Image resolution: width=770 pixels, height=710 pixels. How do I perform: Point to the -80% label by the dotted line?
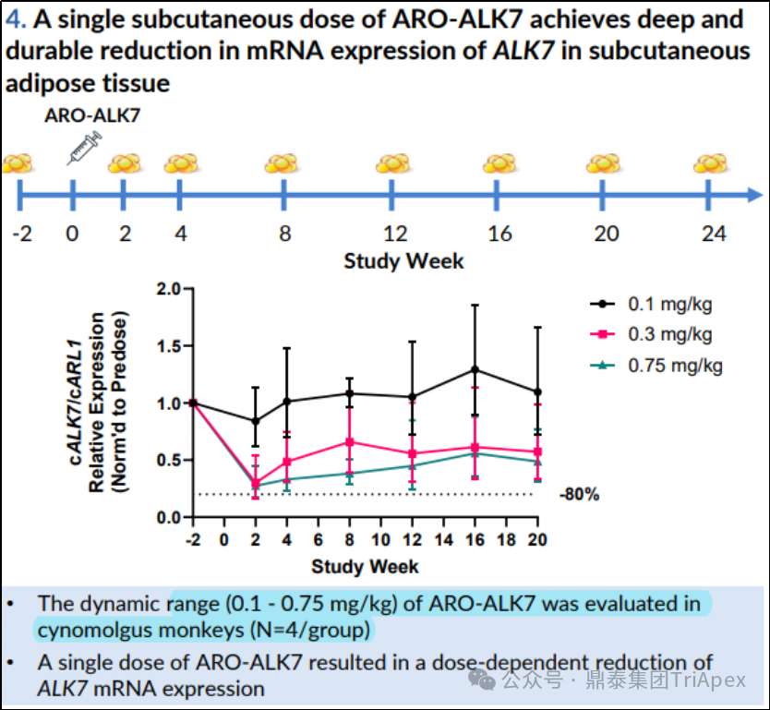(579, 495)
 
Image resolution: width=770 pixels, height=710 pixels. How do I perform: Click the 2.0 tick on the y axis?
(169, 289)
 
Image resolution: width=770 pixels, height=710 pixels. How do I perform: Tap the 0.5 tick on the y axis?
(169, 461)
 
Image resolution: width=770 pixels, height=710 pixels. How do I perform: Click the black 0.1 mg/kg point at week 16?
(475, 369)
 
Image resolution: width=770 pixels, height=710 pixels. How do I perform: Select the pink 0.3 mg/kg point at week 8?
(350, 441)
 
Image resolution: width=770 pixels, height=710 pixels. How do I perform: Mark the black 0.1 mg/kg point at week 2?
(256, 421)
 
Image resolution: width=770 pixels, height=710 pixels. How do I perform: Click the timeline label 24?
(713, 233)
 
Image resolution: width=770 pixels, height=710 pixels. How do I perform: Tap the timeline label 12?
(394, 233)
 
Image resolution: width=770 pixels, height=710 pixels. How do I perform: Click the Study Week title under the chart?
(365, 565)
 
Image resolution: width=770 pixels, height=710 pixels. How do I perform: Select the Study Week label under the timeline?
(404, 260)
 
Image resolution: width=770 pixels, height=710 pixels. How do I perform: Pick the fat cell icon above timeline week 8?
(281, 164)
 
